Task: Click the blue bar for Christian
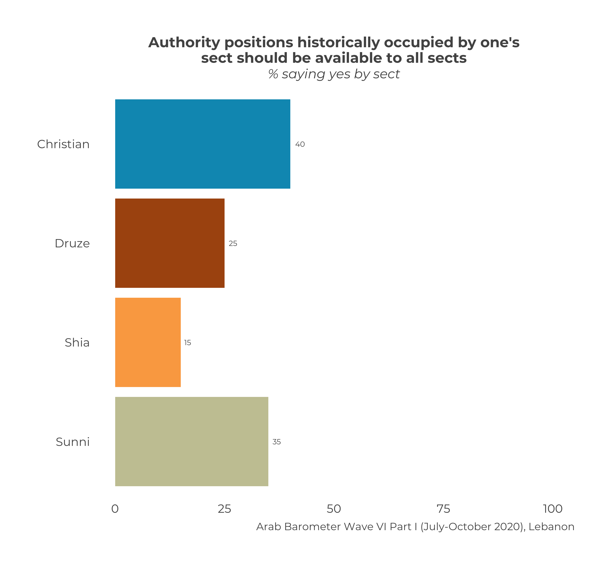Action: click(202, 144)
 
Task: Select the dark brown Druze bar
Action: click(170, 243)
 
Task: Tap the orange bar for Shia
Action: click(148, 342)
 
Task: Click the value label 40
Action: click(300, 144)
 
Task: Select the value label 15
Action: click(187, 343)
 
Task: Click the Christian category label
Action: click(63, 144)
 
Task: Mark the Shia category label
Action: click(77, 343)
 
